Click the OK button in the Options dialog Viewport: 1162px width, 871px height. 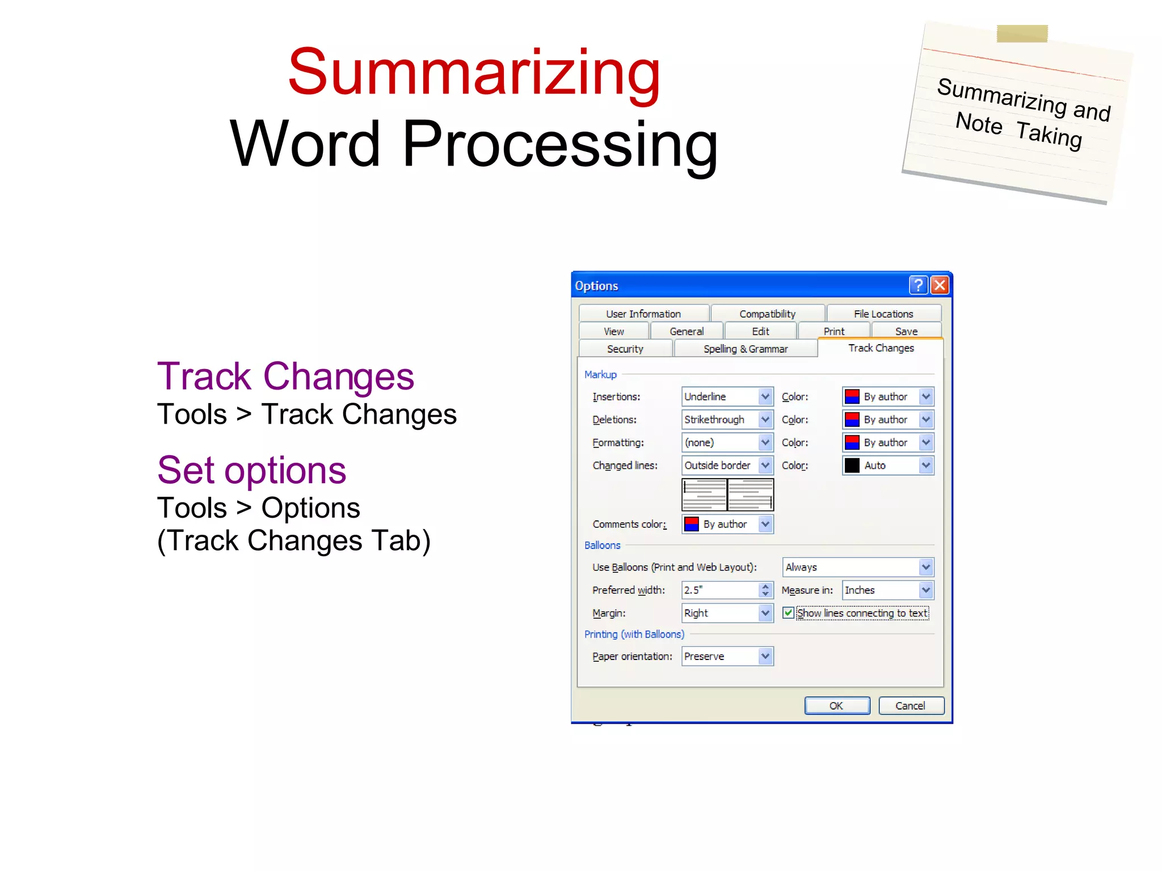tap(837, 705)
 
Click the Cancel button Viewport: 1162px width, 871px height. tap(911, 705)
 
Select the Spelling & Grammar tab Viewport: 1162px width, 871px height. tap(745, 349)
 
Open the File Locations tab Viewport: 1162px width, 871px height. tap(883, 314)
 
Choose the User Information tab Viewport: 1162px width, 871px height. tap(643, 314)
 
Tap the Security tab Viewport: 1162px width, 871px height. tap(625, 349)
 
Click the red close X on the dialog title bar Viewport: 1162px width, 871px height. tap(940, 285)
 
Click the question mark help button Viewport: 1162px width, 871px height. tap(918, 285)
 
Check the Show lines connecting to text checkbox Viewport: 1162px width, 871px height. tap(788, 613)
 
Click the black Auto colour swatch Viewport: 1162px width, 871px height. tap(852, 466)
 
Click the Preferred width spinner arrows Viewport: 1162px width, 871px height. tap(765, 590)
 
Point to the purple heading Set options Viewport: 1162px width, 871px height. tap(251, 470)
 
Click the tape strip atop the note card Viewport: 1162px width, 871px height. tap(1022, 34)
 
